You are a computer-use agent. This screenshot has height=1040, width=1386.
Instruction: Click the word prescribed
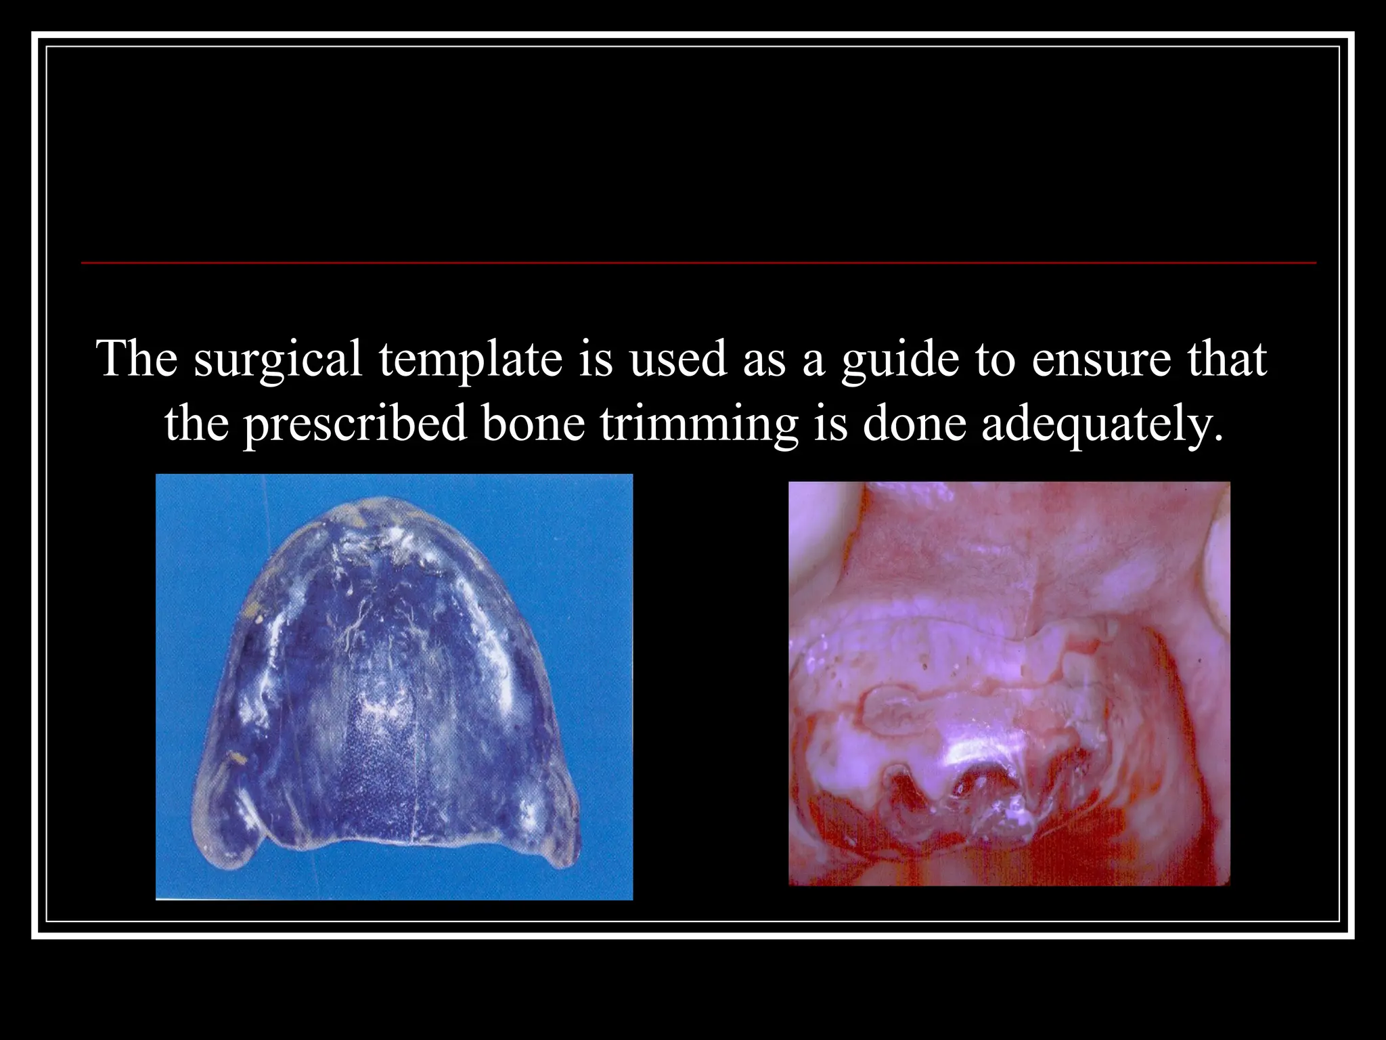tap(355, 425)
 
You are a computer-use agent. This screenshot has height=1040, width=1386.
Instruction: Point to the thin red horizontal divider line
tap(697, 262)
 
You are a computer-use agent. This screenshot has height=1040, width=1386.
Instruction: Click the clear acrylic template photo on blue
tap(394, 687)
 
